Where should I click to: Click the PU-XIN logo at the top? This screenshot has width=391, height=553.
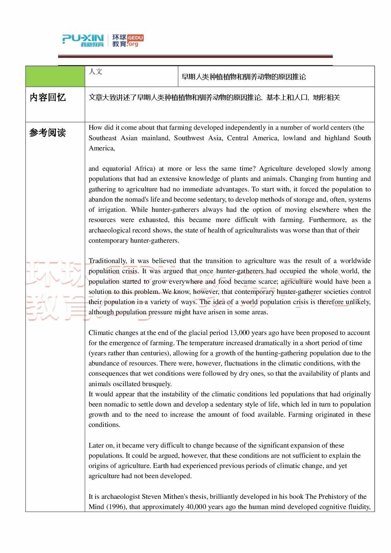[83, 40]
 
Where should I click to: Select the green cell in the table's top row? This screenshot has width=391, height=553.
[55, 76]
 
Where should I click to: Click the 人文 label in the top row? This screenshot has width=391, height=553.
[96, 72]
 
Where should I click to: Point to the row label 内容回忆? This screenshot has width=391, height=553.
[48, 98]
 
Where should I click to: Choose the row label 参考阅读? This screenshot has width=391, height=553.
[48, 133]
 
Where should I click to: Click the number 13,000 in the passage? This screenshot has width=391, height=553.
[239, 333]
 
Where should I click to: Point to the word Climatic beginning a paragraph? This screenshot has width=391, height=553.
[100, 333]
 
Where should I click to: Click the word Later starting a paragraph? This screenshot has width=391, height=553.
[96, 445]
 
